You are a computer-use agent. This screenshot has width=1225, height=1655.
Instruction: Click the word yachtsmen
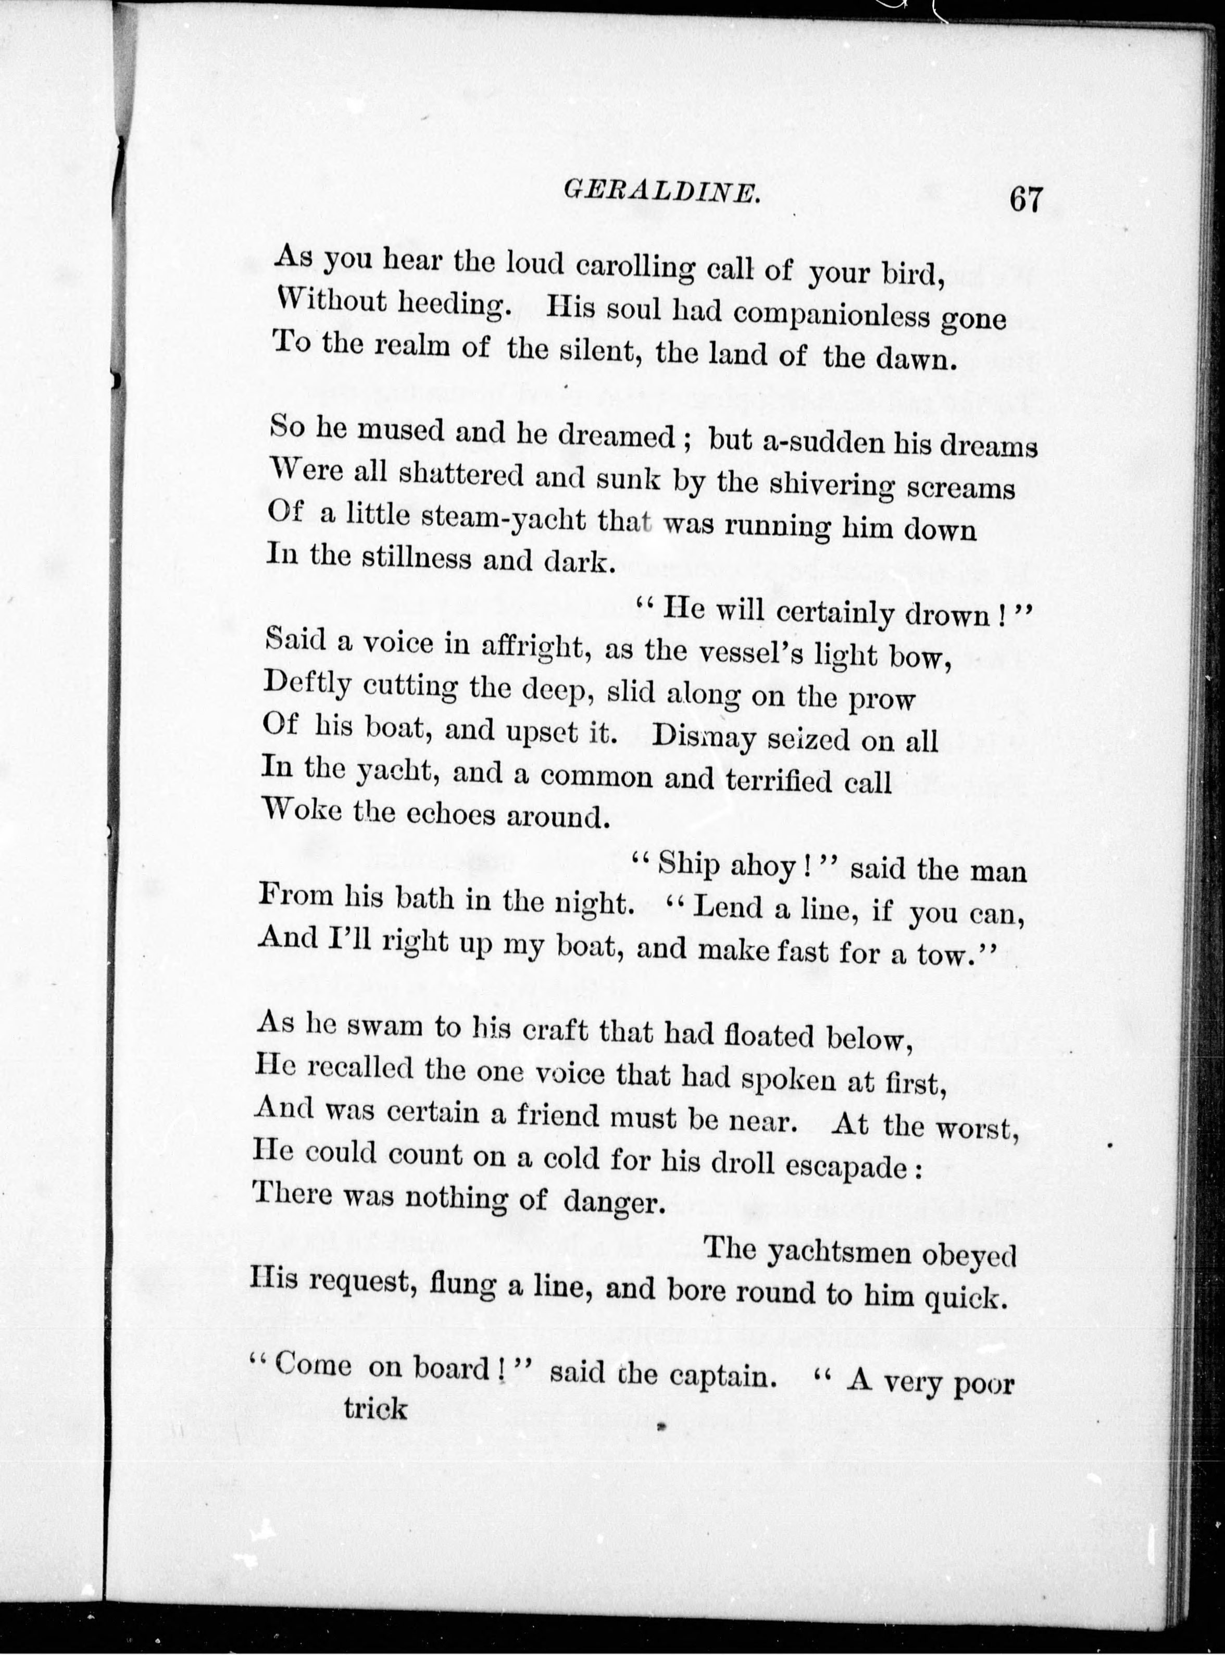839,1252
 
